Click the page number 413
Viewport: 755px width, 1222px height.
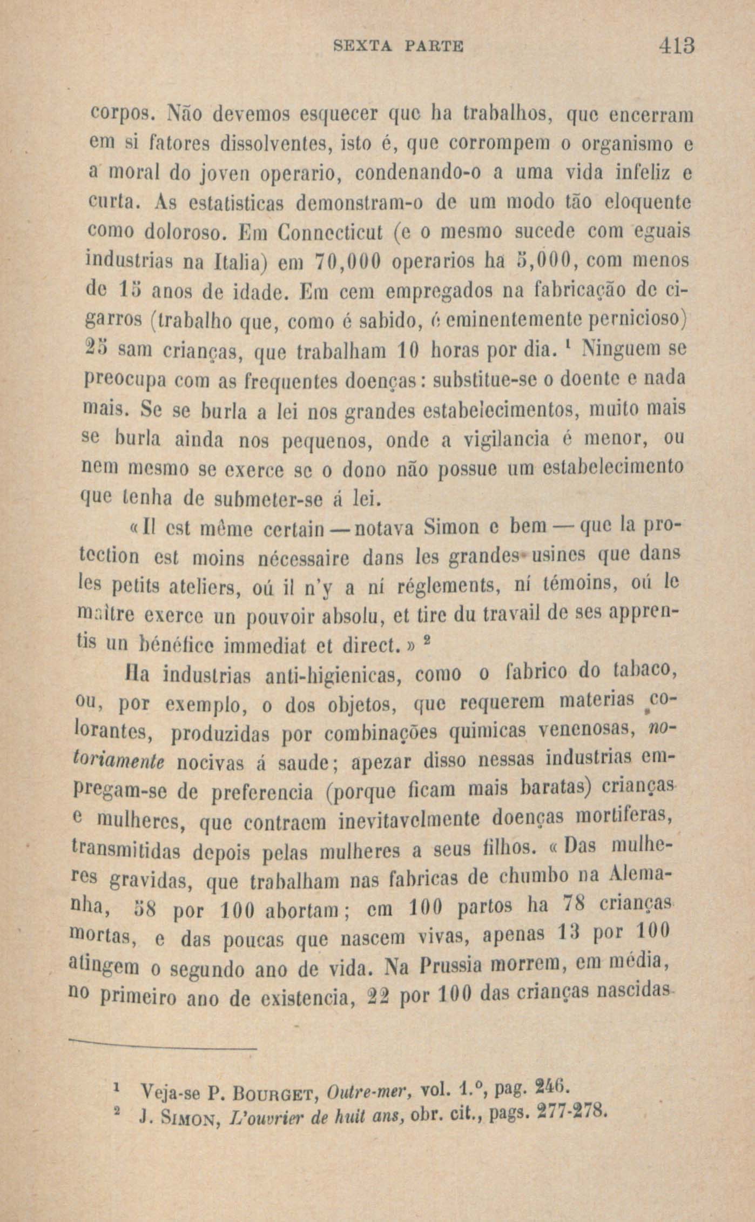[675, 46]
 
